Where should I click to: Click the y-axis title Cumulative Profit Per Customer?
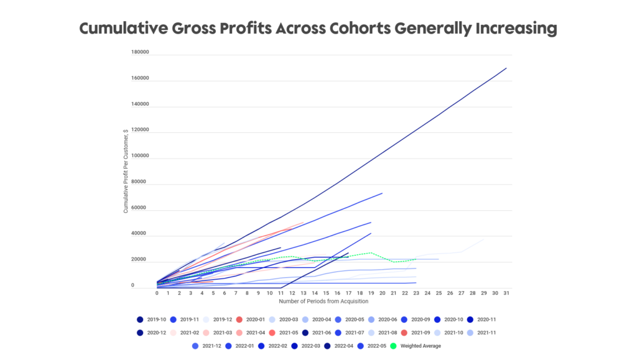(126, 170)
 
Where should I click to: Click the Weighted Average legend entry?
(421, 346)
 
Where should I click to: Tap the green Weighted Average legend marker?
(393, 346)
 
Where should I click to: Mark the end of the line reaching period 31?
(506, 68)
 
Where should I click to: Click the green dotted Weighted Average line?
(371, 253)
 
